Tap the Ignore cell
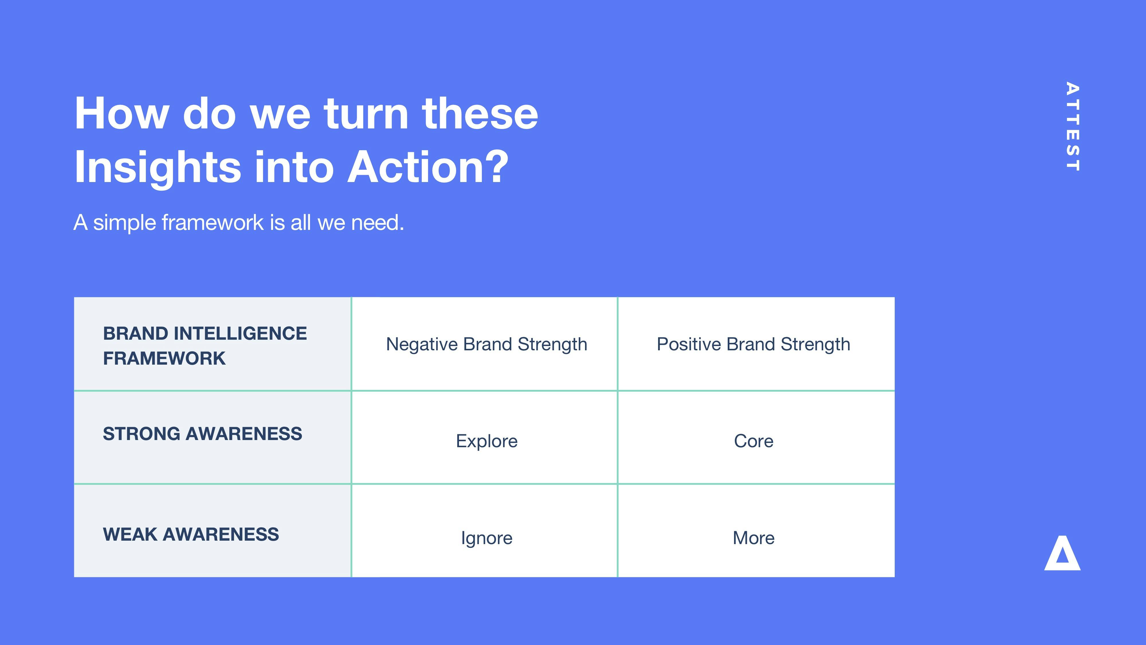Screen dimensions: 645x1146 coord(487,538)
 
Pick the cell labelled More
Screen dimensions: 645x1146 coord(753,538)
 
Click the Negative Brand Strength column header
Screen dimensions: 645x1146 coord(487,344)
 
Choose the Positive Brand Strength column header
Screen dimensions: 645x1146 coord(753,344)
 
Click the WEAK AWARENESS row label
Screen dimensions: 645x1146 coord(191,534)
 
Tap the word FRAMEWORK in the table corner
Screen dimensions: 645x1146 coord(164,358)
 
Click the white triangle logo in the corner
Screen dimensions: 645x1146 coord(1062,554)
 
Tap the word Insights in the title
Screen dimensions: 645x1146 coord(158,167)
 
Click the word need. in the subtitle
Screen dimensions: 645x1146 coord(378,222)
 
